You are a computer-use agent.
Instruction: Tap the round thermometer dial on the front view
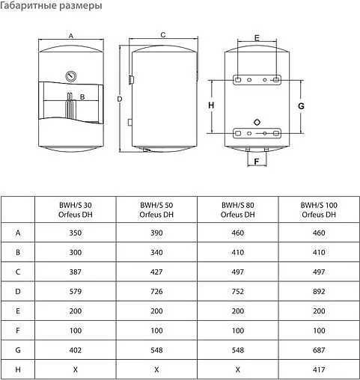[x=70, y=76]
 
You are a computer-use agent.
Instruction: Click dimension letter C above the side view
[x=162, y=35]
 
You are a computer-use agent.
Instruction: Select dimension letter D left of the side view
[x=119, y=99]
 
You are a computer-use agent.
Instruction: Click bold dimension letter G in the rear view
[x=301, y=107]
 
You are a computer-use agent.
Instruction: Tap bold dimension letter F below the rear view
[x=256, y=161]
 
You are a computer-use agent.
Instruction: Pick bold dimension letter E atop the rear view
[x=256, y=38]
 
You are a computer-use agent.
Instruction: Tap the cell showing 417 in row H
[x=318, y=369]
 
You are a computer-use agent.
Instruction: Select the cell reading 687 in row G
[x=318, y=348]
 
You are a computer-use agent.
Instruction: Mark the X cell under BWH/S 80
[x=237, y=369]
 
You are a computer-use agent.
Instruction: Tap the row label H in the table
[x=18, y=369]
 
